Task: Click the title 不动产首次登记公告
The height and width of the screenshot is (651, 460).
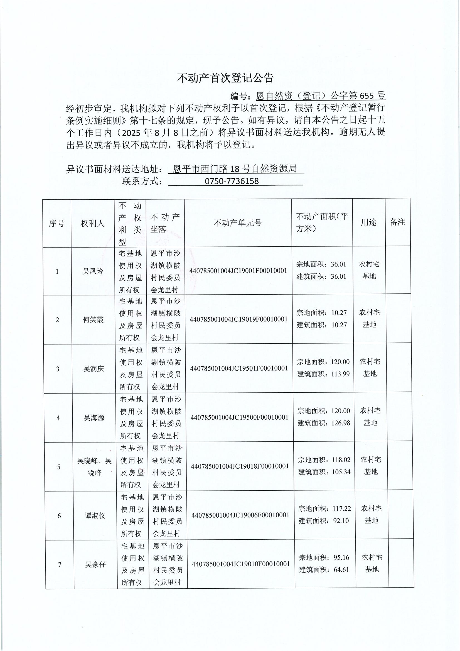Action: point(225,78)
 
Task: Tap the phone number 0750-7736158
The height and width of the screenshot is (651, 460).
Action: point(232,181)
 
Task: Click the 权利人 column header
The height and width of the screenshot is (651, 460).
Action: point(93,223)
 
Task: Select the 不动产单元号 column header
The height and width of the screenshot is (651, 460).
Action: point(237,223)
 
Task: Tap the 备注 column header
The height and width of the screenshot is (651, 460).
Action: point(397,222)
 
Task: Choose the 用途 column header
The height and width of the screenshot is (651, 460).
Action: point(368,222)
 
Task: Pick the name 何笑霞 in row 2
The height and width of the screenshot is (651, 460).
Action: point(93,320)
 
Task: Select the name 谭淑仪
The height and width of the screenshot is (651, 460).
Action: point(95,515)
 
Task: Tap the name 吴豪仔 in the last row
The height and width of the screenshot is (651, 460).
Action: point(95,564)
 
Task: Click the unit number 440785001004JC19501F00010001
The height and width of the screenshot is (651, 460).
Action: point(239,368)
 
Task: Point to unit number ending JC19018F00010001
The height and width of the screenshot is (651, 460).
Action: point(240,466)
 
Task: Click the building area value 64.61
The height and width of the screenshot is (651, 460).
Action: point(341,570)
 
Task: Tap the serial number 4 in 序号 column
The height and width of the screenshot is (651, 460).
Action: point(58,418)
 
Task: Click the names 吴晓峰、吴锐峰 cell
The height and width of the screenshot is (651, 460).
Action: point(95,467)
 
